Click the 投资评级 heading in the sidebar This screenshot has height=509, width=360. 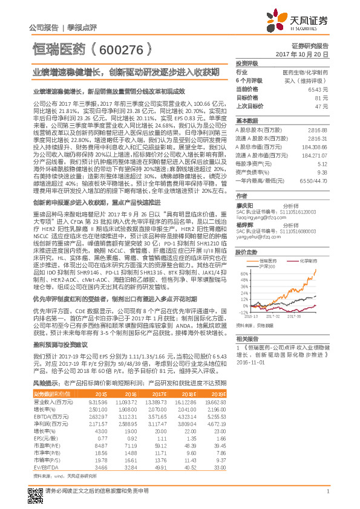pyautogui.click(x=247, y=63)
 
